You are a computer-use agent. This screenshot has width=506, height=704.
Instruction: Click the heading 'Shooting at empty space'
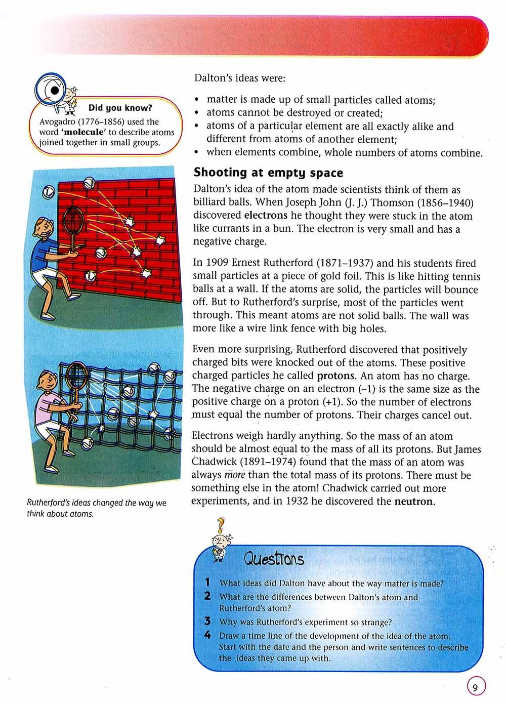pos(268,173)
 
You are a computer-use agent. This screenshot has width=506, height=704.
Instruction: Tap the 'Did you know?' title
pos(120,108)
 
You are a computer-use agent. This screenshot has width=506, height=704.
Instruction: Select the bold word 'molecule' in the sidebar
pos(78,132)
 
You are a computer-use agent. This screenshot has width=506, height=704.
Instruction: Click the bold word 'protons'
pos(336,376)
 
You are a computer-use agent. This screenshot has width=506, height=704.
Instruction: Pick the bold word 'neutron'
pos(414,502)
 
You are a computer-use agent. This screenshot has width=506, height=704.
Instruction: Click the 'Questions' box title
pos(274,559)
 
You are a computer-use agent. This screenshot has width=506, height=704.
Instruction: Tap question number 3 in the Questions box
pos(207,621)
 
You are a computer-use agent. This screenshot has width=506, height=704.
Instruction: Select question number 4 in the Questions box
pos(207,635)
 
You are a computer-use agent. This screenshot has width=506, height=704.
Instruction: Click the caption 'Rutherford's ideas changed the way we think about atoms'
pos(96,508)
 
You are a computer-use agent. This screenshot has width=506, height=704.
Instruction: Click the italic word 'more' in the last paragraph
pos(234,475)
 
